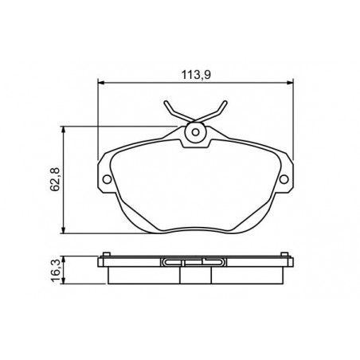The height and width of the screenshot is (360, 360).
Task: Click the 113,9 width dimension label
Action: tap(196, 75)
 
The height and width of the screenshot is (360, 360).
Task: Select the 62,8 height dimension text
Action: tap(56, 180)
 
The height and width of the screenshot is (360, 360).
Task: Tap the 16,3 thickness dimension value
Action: tap(56, 271)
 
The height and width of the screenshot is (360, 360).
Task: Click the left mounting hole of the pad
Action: tap(107, 179)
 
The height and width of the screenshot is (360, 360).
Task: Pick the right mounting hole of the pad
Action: tap(284, 179)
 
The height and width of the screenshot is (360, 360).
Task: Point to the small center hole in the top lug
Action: tap(195, 132)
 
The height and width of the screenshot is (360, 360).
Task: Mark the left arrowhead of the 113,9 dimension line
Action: tap(101, 83)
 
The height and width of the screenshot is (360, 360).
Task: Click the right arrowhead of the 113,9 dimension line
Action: tap(290, 83)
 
